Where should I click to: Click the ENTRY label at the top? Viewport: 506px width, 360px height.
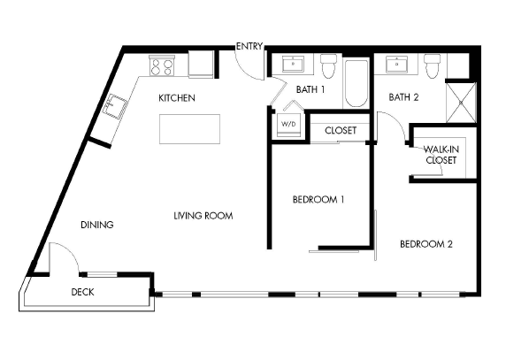(x=249, y=46)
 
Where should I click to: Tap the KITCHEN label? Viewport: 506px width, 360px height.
(x=177, y=97)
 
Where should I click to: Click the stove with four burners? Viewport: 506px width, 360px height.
(x=162, y=65)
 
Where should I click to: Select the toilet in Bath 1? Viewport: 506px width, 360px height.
(x=330, y=65)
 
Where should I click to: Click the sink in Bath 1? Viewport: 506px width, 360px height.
(x=293, y=65)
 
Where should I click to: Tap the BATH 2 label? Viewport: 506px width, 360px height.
(x=402, y=97)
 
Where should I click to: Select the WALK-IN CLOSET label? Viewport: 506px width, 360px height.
(x=441, y=156)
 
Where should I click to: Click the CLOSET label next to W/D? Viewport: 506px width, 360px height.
(x=341, y=130)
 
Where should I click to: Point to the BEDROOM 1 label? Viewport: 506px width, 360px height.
(x=318, y=200)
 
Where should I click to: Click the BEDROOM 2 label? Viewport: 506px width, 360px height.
(x=425, y=244)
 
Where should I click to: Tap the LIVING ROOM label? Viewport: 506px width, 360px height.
(x=208, y=215)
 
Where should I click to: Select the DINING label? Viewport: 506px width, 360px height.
(x=97, y=225)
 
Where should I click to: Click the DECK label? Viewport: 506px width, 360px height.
(x=82, y=292)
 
